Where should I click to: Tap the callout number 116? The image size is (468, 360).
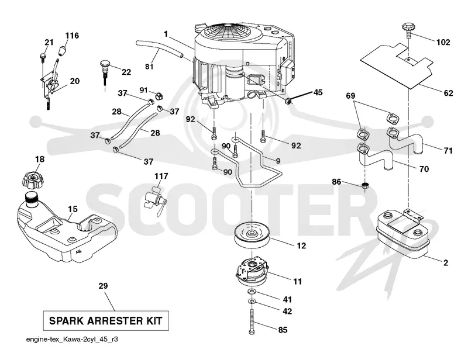click(72, 36)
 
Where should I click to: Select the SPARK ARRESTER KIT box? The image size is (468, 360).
click(106, 321)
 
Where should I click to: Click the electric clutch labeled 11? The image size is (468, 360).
click(252, 271)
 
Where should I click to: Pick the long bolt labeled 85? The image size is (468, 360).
click(252, 321)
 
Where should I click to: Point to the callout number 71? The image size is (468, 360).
click(448, 151)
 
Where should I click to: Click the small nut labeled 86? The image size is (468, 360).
click(364, 185)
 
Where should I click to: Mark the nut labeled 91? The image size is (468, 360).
click(159, 96)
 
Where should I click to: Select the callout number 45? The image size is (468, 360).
click(318, 92)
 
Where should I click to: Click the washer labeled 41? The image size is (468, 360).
click(252, 291)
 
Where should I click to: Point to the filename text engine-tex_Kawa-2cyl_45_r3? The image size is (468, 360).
click(72, 340)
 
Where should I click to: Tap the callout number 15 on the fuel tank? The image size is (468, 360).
click(73, 209)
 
